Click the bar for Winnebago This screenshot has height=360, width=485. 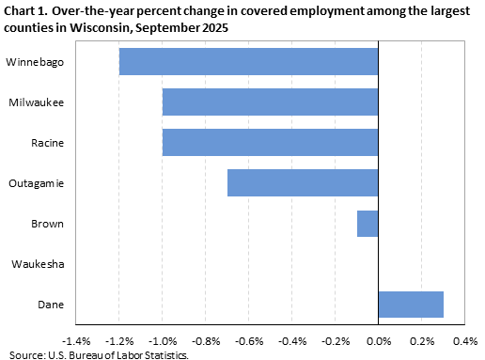248,61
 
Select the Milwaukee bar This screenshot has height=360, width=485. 270,102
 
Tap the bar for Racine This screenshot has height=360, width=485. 270,142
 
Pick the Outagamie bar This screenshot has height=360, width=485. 303,182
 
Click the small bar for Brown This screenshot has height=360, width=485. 368,224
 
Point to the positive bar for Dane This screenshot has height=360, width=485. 411,305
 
